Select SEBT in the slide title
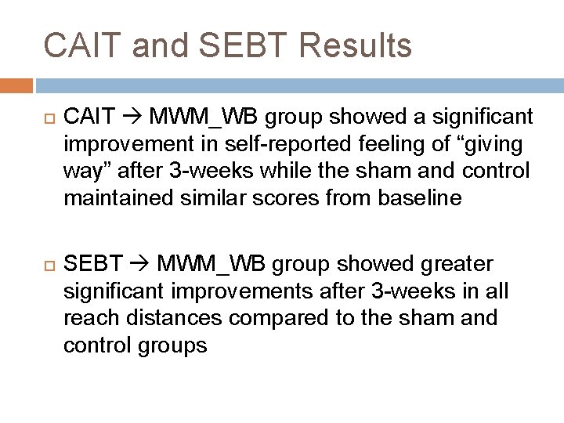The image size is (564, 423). pyautogui.click(x=232, y=45)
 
